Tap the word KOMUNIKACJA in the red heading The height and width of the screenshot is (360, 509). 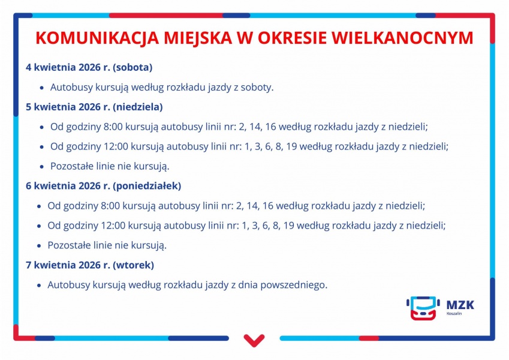97,38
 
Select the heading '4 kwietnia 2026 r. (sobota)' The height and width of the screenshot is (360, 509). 89,67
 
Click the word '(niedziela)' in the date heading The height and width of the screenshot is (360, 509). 138,107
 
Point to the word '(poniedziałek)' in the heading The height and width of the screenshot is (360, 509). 147,186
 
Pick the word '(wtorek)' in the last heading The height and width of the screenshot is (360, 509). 134,265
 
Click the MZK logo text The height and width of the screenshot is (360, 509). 460,305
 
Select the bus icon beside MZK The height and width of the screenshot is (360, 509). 423,308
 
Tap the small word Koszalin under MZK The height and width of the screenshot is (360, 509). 454,314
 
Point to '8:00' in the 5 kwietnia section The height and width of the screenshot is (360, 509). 113,127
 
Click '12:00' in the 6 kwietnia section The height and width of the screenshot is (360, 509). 113,226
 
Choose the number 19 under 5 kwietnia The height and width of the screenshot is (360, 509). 291,146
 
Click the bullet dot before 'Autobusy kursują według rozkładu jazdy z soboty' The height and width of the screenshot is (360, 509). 41,88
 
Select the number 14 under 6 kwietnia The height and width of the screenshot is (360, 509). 252,206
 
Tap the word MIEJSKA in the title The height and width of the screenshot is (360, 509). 198,38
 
